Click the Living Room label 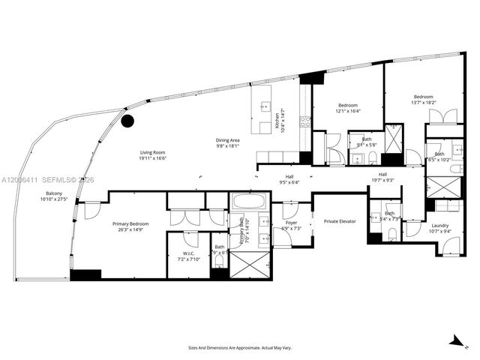(152, 155)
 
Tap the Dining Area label (227, 143)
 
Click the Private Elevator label (340, 221)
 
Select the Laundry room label (439, 228)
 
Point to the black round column (127, 119)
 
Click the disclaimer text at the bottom (239, 347)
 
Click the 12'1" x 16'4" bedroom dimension (347, 108)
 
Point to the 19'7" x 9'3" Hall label (382, 177)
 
